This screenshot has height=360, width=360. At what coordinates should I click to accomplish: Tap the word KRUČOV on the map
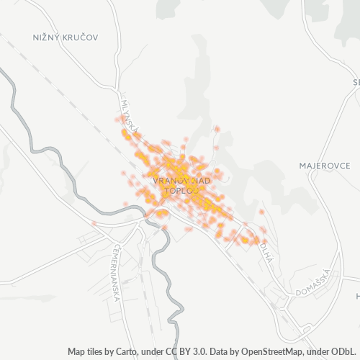81,36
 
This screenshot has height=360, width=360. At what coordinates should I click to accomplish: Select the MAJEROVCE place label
325,166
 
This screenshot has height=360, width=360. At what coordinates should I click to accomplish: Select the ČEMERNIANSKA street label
120,265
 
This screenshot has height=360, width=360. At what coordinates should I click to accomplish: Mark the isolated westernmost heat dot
94,224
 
